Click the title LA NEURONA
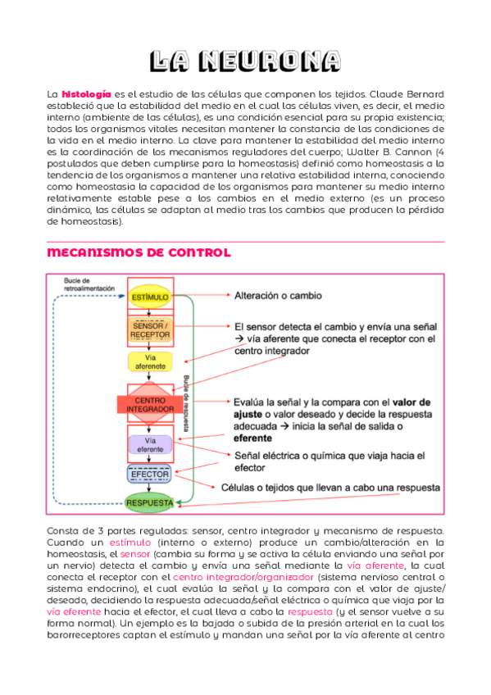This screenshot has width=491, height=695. point(245,61)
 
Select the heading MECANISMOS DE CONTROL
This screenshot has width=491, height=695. point(139,252)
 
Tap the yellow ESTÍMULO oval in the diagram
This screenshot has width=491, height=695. point(149,296)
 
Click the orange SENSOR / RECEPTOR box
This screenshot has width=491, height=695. point(149,330)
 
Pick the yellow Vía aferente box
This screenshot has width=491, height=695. point(149,362)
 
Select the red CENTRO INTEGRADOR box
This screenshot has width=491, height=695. point(149,403)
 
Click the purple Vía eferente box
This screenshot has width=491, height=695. point(149,445)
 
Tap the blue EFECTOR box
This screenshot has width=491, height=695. point(149,475)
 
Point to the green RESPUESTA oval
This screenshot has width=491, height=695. point(149,502)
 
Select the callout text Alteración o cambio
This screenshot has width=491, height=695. point(278,295)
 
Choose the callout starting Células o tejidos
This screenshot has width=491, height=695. point(325,486)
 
